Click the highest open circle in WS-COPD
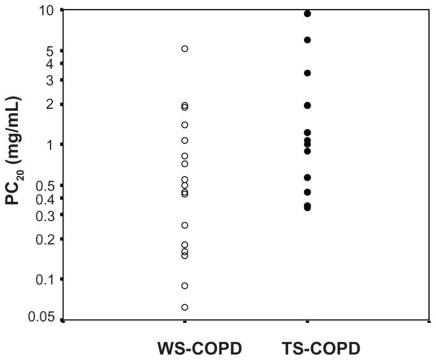pos(185,49)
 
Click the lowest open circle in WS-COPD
pos(185,307)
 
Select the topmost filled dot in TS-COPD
pos(307,13)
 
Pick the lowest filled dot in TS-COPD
pos(307,208)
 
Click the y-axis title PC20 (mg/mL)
pos(13,150)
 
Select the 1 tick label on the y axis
pos(53,144)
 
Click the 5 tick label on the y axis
pos(53,51)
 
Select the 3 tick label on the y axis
pos(53,80)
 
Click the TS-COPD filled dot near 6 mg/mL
pos(307,40)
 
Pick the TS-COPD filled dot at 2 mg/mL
pos(307,105)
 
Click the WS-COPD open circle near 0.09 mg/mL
pos(185,286)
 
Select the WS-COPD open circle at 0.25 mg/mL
pos(185,225)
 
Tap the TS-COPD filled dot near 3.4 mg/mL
pos(307,73)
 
